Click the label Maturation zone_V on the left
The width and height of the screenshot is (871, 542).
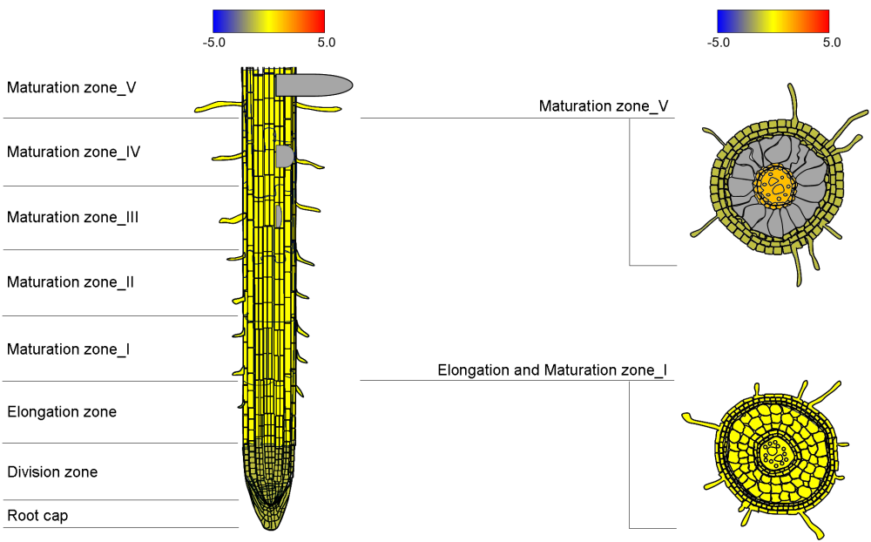(x=71, y=87)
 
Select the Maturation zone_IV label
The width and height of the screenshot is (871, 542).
(x=74, y=152)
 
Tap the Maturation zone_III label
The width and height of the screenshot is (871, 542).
(x=73, y=217)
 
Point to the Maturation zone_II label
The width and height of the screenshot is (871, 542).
(x=71, y=281)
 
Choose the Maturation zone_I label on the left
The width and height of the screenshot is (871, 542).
(x=69, y=349)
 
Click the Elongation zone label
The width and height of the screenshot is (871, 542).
(x=62, y=411)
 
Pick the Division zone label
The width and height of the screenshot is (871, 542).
(x=52, y=471)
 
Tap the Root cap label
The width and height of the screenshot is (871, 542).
(x=37, y=515)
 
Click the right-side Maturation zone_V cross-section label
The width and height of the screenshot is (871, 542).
(x=604, y=105)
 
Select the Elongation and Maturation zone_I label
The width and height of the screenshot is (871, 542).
(x=552, y=370)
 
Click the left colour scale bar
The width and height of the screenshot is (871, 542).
(x=268, y=21)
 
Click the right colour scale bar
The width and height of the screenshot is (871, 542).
(x=773, y=21)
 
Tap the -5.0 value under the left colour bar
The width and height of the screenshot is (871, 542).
(x=214, y=42)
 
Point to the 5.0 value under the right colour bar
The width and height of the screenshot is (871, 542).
(x=832, y=42)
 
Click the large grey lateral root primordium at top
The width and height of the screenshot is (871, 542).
(x=314, y=85)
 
